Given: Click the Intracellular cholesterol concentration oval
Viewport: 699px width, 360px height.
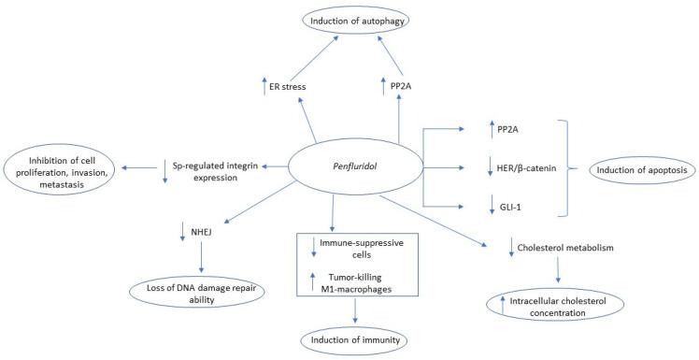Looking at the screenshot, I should pyautogui.click(x=555, y=304).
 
